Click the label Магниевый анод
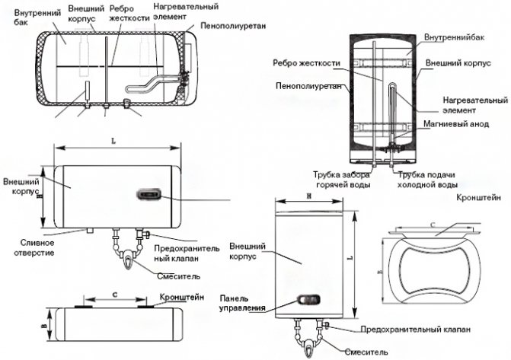click(458, 124)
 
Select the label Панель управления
click(241, 303)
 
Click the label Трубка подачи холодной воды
click(429, 180)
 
